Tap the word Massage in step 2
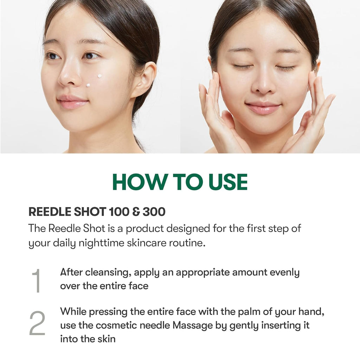point(193,325)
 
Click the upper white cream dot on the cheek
point(99,76)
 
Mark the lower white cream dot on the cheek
point(88,85)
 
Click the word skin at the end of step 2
point(107,339)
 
